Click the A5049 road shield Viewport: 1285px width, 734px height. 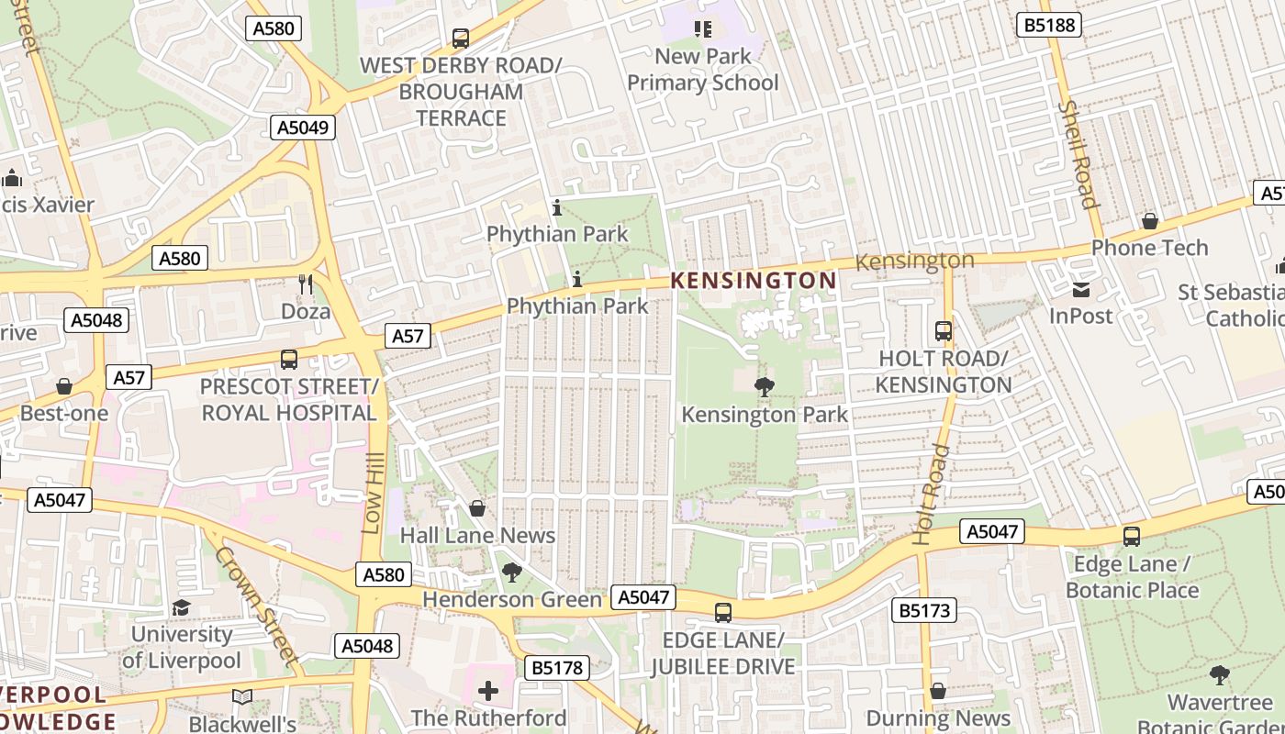click(x=302, y=128)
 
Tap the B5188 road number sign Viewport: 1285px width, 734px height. click(x=1048, y=25)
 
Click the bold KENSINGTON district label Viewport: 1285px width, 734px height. click(x=754, y=281)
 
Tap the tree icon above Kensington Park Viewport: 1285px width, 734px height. click(x=764, y=387)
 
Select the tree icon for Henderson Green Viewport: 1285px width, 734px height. click(x=512, y=573)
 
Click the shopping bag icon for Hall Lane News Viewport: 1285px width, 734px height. click(x=477, y=508)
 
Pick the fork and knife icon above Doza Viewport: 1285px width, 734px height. click(x=306, y=284)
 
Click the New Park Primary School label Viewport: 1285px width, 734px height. click(x=703, y=70)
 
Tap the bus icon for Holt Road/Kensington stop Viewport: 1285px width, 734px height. click(x=943, y=331)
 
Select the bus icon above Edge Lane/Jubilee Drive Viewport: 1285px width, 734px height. click(x=723, y=613)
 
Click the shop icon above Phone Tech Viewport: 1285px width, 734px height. click(x=1149, y=221)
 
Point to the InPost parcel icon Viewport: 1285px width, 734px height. click(x=1081, y=290)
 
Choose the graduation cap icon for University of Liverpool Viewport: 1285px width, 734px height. click(x=182, y=607)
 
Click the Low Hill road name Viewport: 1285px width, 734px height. click(x=372, y=496)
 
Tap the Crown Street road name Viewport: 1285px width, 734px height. click(x=256, y=606)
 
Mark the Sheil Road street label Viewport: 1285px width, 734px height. click(x=1078, y=154)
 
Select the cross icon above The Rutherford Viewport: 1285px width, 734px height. click(x=488, y=690)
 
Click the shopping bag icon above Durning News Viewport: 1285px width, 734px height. click(x=937, y=691)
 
